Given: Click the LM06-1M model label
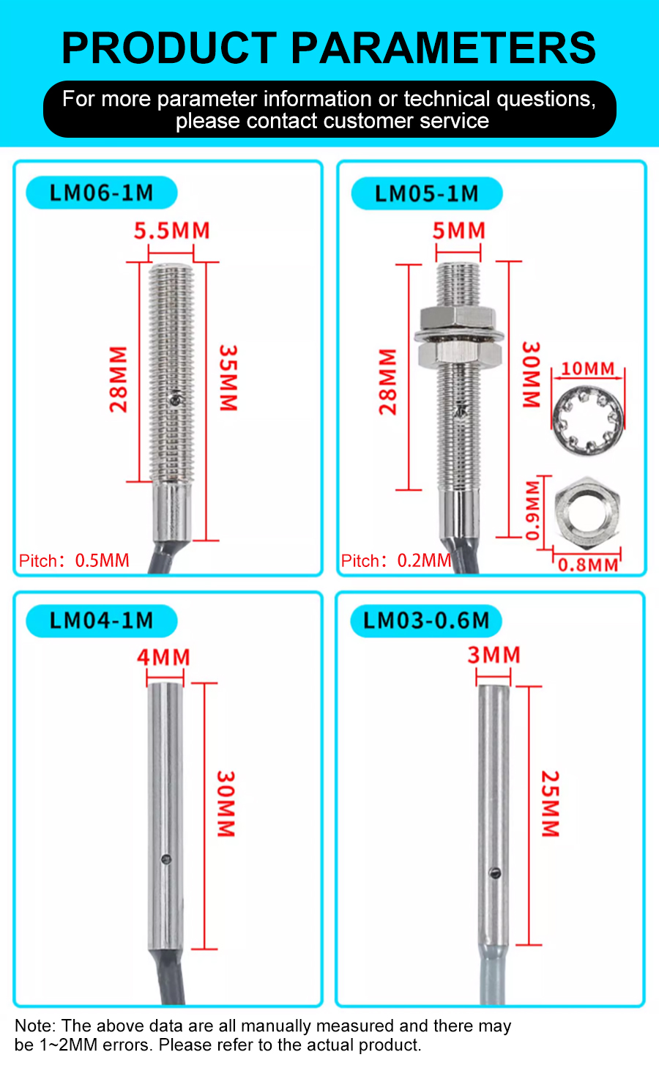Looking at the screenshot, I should point(101,193).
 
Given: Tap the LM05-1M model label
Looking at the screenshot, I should point(426,194).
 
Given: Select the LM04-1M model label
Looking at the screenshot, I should point(101,621).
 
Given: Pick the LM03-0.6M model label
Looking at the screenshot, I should point(426,621).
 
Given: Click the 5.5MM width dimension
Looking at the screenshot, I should point(171,231).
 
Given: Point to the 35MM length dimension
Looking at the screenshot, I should point(228,378).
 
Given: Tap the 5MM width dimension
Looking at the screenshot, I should point(458,231).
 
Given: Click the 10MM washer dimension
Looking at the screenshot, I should point(587,368).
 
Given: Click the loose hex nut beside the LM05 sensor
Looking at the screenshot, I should point(587,511).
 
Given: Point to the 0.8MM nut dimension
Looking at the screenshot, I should point(588,565).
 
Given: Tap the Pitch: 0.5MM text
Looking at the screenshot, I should point(74,561).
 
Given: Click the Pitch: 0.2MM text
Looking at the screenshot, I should point(396,561).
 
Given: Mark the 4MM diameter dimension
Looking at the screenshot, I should point(164,657).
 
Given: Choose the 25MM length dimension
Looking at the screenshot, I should point(550,804).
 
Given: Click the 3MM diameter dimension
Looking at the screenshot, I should point(494,655).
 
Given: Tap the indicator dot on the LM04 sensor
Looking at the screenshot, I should point(166,859).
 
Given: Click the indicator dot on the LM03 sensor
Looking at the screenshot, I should point(495,872).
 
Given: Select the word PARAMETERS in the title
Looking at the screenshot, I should point(444,48).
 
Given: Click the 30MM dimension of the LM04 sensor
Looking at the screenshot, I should point(226,804).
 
